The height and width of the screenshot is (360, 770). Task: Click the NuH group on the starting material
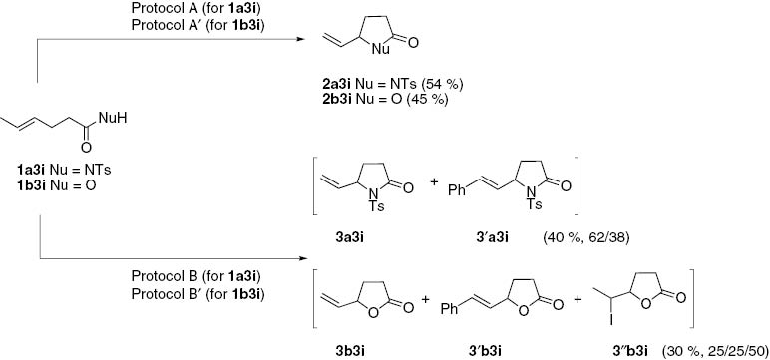115,118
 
